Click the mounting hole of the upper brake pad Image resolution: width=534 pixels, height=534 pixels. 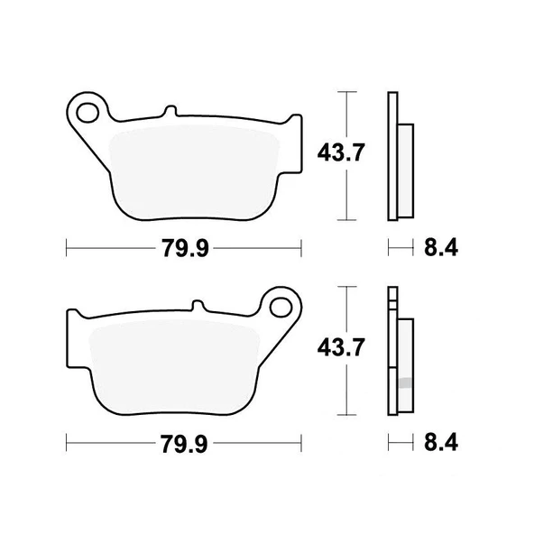pyautogui.click(x=89, y=112)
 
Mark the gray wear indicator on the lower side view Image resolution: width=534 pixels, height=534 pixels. pyautogui.click(x=406, y=382)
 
